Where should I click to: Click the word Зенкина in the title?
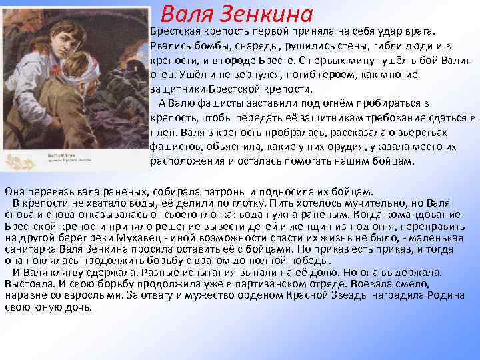coord(275,13)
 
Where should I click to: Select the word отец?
coord(164,75)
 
